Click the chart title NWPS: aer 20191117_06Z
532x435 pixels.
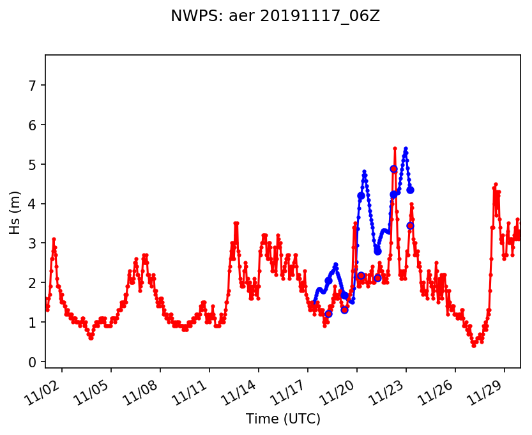[275, 17]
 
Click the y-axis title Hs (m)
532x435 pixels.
[15, 211]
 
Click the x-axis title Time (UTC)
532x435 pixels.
[283, 419]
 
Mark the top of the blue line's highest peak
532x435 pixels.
[406, 149]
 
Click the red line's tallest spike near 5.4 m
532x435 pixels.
[395, 149]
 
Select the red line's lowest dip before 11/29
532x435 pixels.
[474, 345]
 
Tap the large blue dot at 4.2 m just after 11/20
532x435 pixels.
[361, 195]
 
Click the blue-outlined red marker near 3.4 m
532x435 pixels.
[410, 225]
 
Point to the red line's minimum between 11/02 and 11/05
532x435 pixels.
[91, 338]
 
